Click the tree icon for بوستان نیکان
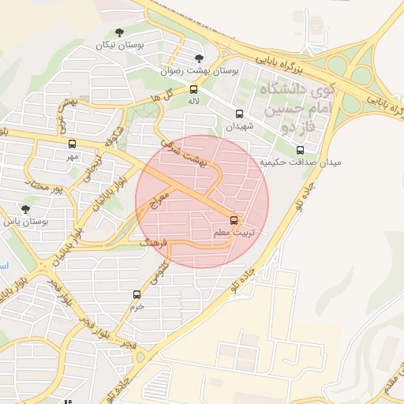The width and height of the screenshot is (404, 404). [119, 32]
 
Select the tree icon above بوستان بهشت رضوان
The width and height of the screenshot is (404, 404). [199, 58]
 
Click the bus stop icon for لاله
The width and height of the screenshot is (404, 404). [194, 88]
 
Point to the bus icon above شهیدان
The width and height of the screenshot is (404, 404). [240, 113]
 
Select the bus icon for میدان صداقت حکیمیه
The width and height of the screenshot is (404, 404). [299, 150]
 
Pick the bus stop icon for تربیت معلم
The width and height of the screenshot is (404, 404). [234, 220]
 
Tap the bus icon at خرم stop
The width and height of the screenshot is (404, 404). [137, 294]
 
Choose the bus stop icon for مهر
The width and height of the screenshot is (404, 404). [73, 144]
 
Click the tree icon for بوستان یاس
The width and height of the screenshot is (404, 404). [26, 209]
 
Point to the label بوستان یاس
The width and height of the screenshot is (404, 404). [26, 223]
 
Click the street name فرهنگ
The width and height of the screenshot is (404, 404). [154, 244]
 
